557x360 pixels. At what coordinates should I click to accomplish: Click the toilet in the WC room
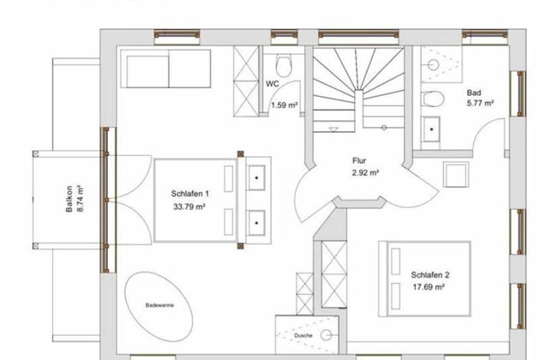[x=284, y=66]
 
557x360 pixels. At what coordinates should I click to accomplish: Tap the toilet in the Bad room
[x=433, y=99]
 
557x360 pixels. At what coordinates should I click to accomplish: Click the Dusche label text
[x=303, y=335]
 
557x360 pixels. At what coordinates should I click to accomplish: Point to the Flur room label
[x=359, y=160]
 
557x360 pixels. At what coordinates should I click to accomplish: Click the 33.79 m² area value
[x=189, y=207]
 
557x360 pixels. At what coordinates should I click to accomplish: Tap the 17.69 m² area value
[x=428, y=287]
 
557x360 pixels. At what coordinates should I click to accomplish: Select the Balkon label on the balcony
[x=69, y=199]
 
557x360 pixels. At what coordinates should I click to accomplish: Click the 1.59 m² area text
[x=284, y=105]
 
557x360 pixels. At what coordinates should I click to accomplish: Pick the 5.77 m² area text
[x=480, y=103]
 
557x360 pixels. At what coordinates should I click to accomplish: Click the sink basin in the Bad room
[x=431, y=129]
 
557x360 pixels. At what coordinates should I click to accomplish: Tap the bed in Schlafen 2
[x=425, y=279]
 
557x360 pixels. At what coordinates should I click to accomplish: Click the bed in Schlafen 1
[x=195, y=201]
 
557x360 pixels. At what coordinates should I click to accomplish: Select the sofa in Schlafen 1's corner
[x=165, y=69]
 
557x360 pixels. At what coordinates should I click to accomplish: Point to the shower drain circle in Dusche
[x=326, y=335]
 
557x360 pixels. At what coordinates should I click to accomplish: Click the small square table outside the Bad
[x=455, y=175]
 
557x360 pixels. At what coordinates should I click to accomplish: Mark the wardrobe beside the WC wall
[x=246, y=81]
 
